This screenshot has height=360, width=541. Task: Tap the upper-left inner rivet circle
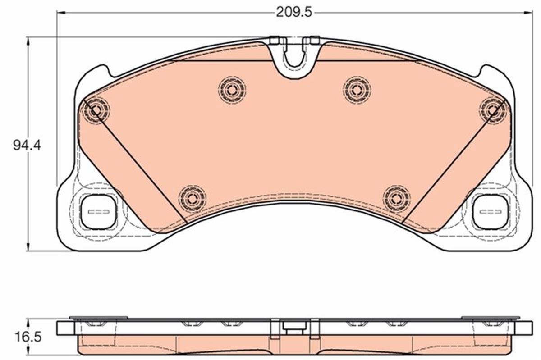(x=232, y=90)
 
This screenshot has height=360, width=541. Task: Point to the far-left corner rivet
(x=95, y=109)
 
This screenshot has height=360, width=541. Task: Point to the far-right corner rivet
(x=494, y=108)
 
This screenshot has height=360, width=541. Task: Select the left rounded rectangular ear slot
(x=97, y=212)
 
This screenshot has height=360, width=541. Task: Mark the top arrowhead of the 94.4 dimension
(x=29, y=41)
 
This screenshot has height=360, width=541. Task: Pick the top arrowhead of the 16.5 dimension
(x=29, y=321)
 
